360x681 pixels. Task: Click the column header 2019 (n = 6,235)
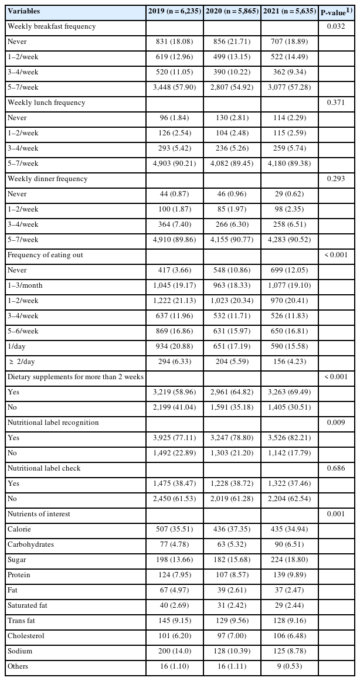pyautogui.click(x=174, y=11)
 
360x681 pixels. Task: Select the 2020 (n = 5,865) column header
pyautogui.click(x=232, y=11)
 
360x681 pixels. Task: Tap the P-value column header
pyautogui.click(x=337, y=11)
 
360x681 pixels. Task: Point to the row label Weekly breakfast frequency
pyautogui.click(x=51, y=26)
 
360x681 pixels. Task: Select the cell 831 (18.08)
pyautogui.click(x=174, y=42)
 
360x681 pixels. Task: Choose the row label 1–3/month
pyautogui.click(x=24, y=285)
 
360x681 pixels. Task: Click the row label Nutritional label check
pyautogui.click(x=44, y=468)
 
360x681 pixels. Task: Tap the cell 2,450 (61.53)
pyautogui.click(x=174, y=499)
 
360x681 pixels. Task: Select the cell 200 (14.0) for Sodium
pyautogui.click(x=174, y=651)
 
